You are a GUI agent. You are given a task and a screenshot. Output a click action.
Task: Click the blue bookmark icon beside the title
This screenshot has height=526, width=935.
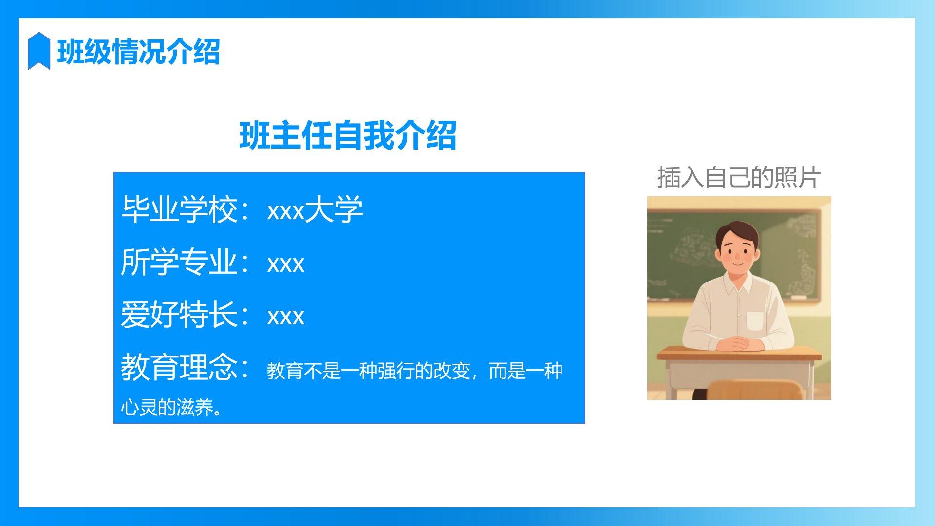(39, 51)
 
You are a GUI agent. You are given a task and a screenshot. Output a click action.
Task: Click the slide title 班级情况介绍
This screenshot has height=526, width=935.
(139, 52)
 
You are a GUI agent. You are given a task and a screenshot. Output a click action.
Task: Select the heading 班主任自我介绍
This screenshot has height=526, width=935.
(348, 135)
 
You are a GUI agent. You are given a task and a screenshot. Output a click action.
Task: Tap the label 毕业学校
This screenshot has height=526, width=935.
(179, 210)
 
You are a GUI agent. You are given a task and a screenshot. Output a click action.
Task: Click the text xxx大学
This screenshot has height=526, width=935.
(315, 210)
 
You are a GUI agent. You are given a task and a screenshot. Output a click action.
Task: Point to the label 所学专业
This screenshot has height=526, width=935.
(179, 262)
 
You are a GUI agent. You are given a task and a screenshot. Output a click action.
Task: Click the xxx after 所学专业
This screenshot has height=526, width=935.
(286, 264)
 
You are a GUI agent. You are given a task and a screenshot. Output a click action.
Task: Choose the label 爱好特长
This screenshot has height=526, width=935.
(179, 315)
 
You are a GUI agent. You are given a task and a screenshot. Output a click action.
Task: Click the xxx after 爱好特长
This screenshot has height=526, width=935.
(286, 317)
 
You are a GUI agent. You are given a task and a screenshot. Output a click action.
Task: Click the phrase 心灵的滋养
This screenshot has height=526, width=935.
(167, 407)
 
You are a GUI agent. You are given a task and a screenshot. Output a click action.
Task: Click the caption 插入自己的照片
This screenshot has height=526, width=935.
(739, 177)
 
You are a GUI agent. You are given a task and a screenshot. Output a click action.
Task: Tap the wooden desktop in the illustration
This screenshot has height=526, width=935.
(739, 353)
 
